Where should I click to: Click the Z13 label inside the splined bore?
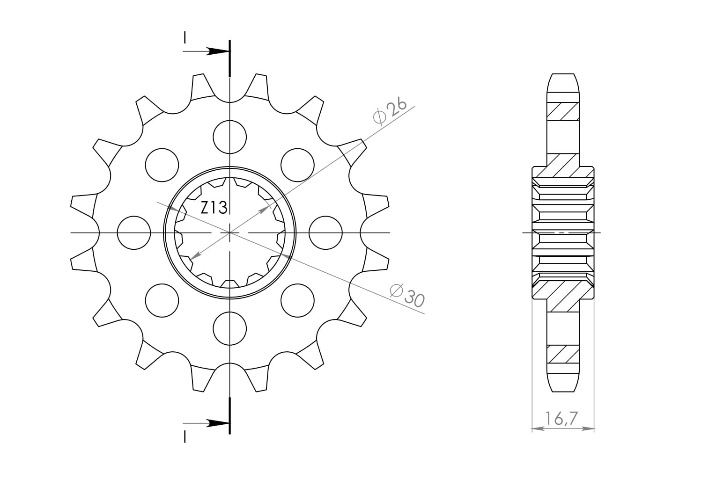[x=214, y=208]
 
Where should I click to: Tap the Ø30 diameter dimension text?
[x=407, y=296]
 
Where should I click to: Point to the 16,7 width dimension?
[x=561, y=419]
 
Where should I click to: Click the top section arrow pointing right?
[x=207, y=51]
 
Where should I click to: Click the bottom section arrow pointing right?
[x=207, y=423]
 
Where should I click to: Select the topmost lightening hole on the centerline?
[x=230, y=137]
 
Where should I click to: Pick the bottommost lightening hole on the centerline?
[x=230, y=328]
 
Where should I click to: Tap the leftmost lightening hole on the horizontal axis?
[x=134, y=232]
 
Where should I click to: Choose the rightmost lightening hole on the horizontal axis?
[x=325, y=232]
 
